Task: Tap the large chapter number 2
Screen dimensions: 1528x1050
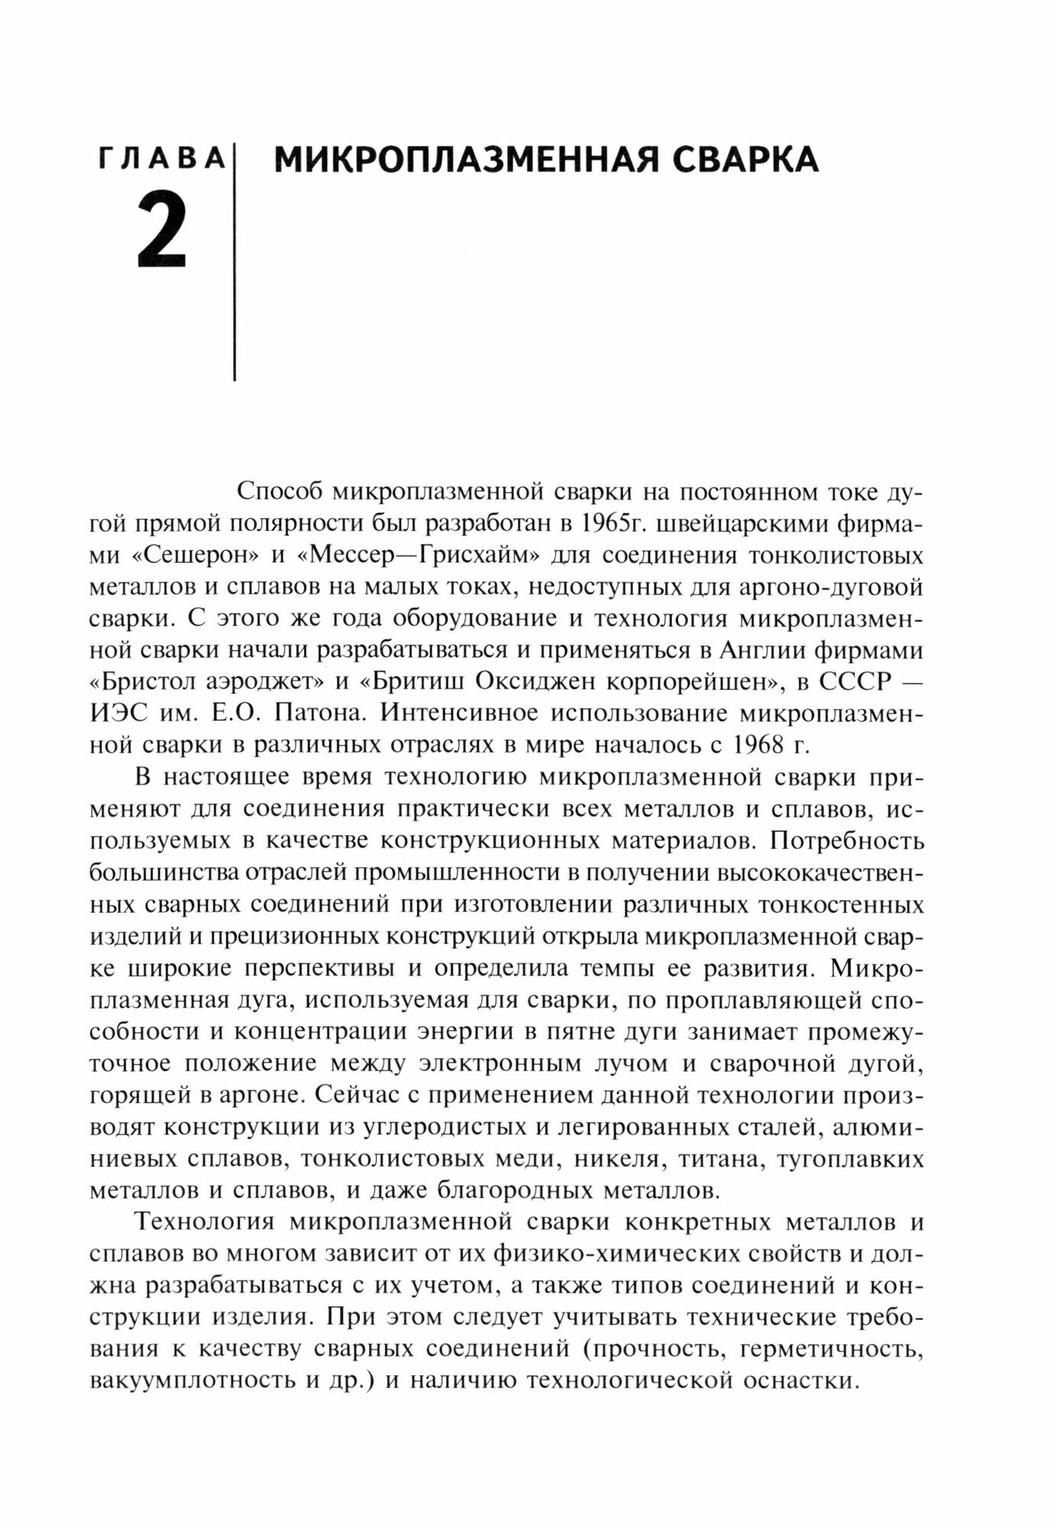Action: pos(163,229)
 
